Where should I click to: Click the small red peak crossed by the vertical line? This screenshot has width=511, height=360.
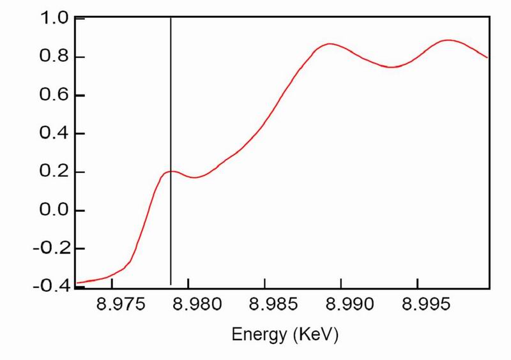click(171, 171)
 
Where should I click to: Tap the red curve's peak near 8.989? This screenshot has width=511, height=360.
click(329, 44)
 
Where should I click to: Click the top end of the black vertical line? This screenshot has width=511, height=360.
click(171, 19)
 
